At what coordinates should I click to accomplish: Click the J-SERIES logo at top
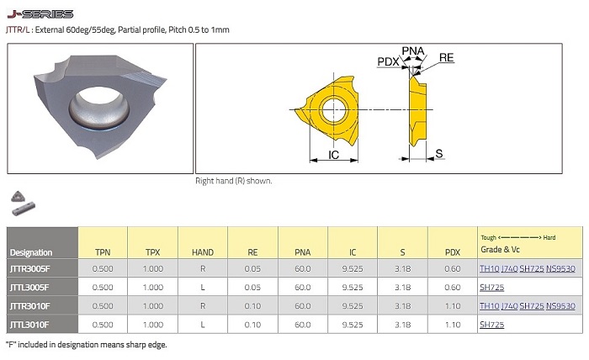[40, 14]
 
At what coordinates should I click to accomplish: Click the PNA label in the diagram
[413, 51]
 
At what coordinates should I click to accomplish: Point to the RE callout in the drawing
[446, 58]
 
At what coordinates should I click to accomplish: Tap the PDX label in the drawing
[388, 61]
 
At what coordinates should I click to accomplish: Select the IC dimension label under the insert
[333, 155]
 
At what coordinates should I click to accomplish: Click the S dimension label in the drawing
[438, 154]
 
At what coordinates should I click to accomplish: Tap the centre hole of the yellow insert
[333, 109]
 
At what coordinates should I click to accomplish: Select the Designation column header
[31, 252]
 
